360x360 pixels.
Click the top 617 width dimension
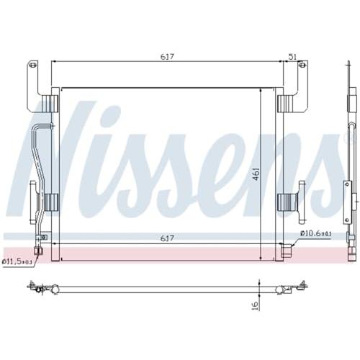(167, 57)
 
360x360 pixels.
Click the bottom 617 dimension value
(167, 238)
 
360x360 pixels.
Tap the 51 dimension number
(292, 57)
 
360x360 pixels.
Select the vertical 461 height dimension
(256, 174)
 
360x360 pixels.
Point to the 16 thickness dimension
(256, 305)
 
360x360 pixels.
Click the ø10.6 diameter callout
(316, 233)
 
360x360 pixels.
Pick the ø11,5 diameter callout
(17, 261)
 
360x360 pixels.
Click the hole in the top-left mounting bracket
(33, 65)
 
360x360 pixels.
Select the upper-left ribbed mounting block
(50, 104)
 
